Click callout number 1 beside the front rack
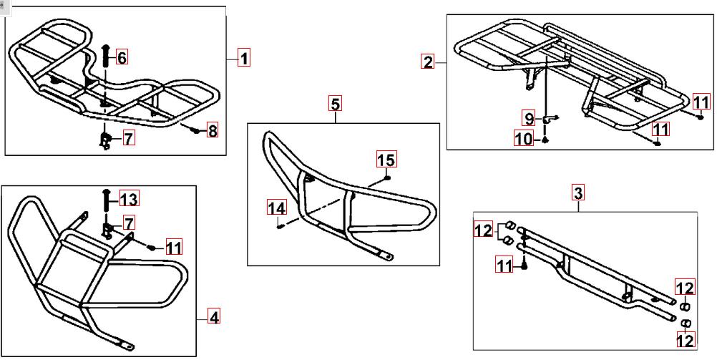point(244,58)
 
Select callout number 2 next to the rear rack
point(428,62)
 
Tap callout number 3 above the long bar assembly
point(579,193)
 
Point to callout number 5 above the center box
point(335,104)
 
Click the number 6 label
point(122,58)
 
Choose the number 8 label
point(213,130)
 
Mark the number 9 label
point(529,119)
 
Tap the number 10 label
point(525,138)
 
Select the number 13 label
point(129,200)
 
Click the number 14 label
point(277,208)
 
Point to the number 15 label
point(386,160)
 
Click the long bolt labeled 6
point(105,57)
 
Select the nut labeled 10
point(545,140)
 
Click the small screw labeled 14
point(281,225)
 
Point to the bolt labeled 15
point(387,177)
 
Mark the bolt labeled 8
point(196,131)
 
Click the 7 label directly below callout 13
point(130,224)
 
